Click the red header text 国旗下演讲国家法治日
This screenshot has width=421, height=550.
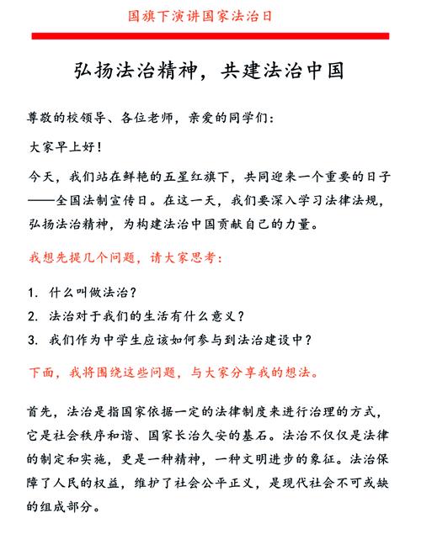[210, 15]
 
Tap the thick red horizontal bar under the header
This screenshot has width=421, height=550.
[210, 35]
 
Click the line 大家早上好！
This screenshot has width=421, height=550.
[67, 147]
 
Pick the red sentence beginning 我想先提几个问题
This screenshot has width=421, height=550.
[126, 257]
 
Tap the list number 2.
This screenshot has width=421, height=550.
[32, 316]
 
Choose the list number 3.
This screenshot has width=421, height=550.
[32, 340]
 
